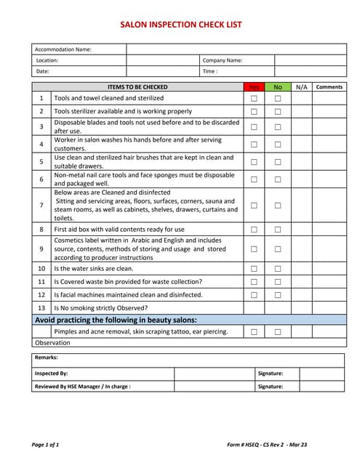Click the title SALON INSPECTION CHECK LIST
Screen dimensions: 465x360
coord(181,25)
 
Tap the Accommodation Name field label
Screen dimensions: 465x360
coord(63,49)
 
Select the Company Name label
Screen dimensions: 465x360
coord(222,60)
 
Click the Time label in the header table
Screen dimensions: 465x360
coord(209,72)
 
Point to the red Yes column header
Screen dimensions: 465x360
coord(254,87)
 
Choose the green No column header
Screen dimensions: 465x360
coord(277,87)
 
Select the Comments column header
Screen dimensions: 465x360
coord(329,87)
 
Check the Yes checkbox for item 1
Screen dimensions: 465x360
coord(254,98)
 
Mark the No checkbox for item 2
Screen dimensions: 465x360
coord(277,112)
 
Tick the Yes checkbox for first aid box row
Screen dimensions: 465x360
coord(254,230)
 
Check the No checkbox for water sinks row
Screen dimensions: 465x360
coord(277,269)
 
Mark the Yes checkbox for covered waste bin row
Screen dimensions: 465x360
coord(254,282)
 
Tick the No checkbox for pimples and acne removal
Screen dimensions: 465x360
coord(277,332)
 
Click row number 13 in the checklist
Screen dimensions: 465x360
coord(41,308)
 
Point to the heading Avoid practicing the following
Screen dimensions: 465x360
coord(116,320)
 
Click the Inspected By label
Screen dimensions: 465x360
coord(52,373)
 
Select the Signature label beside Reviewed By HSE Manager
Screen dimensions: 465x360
coord(270,387)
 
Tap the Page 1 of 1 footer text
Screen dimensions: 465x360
coord(46,444)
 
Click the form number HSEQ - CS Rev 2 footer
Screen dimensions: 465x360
coord(268,444)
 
